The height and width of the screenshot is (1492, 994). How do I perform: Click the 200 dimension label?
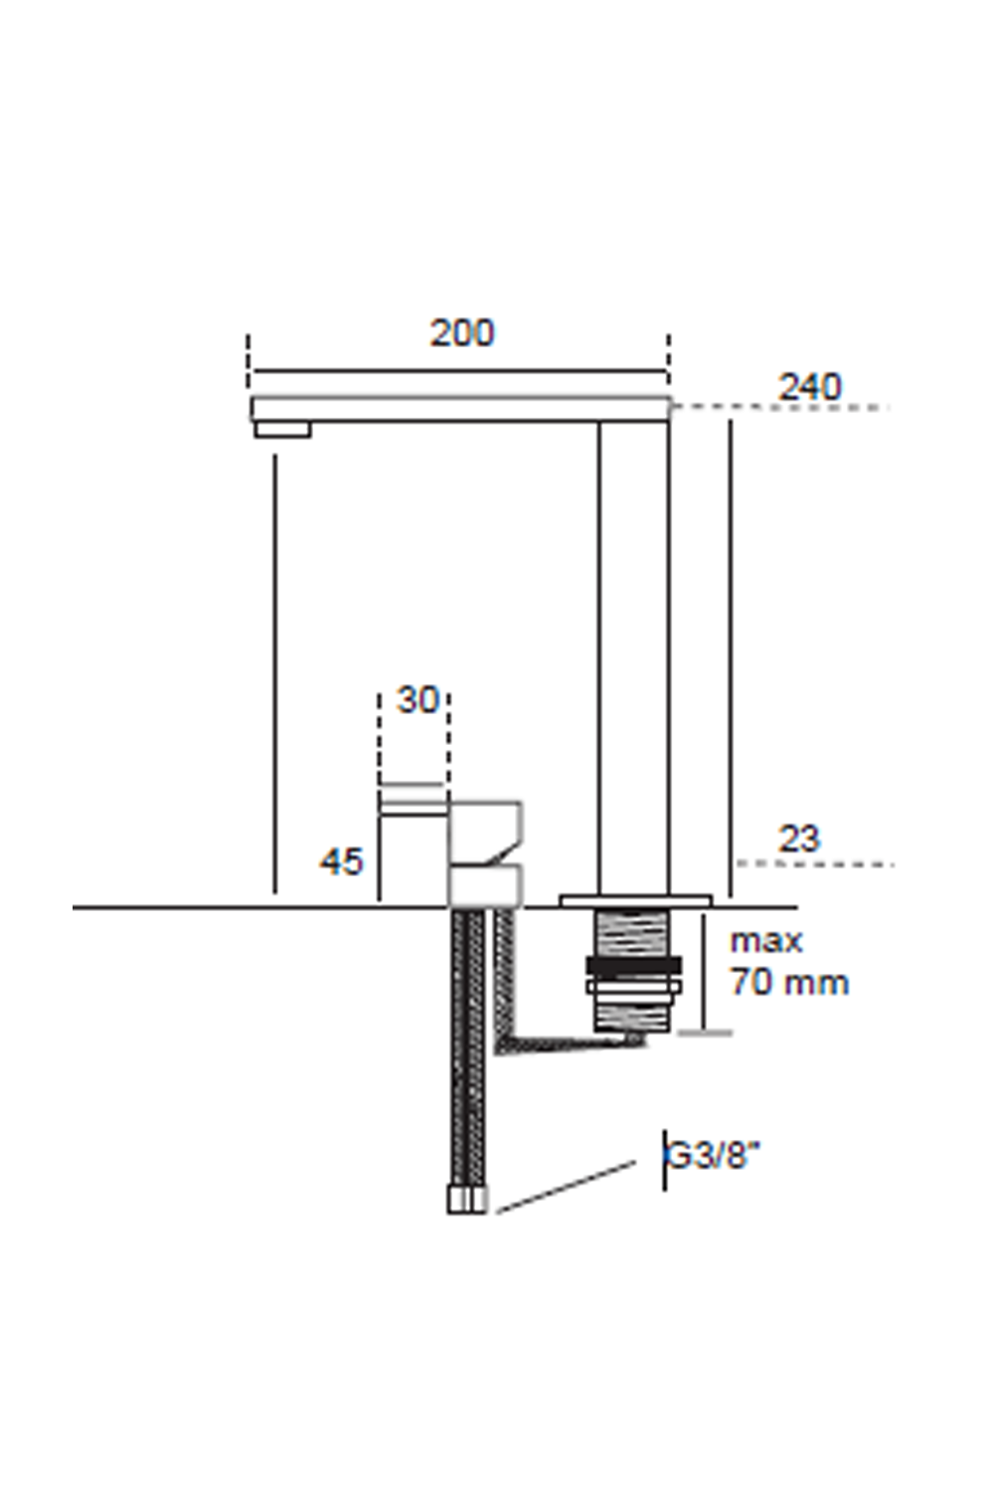462,333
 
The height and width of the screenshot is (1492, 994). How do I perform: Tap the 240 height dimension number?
810,387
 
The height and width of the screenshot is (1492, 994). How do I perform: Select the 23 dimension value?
799,839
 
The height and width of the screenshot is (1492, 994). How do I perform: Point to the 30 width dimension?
417,700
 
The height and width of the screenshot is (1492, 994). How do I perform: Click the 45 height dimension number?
342,861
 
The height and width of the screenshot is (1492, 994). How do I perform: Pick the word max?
765,941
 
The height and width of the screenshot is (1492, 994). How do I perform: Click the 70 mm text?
789,983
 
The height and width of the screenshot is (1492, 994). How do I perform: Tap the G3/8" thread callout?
712,1157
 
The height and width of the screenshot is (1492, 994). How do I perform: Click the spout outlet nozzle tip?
282,430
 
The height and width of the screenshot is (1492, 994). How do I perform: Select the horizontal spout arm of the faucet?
457,409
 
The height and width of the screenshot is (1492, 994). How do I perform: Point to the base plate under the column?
636,901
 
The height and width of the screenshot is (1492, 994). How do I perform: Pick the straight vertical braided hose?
467,1044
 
